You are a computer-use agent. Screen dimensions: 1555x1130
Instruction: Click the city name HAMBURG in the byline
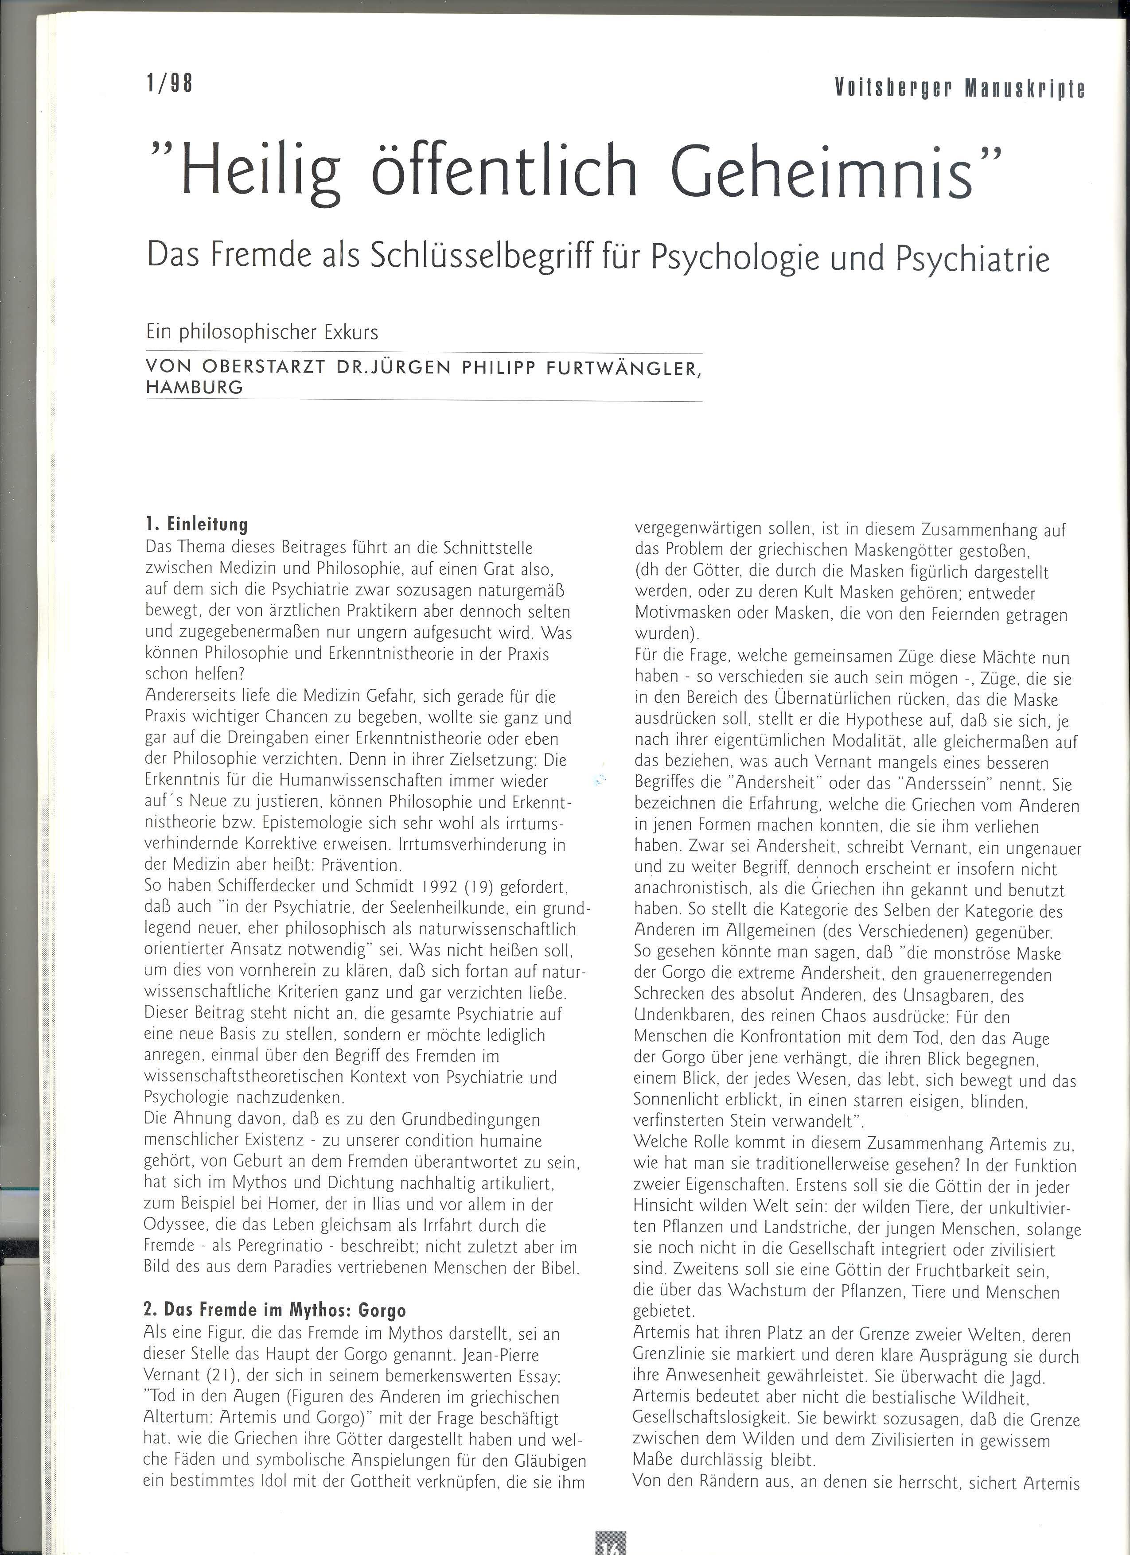[194, 387]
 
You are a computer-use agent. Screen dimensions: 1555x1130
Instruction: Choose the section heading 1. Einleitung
[196, 525]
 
